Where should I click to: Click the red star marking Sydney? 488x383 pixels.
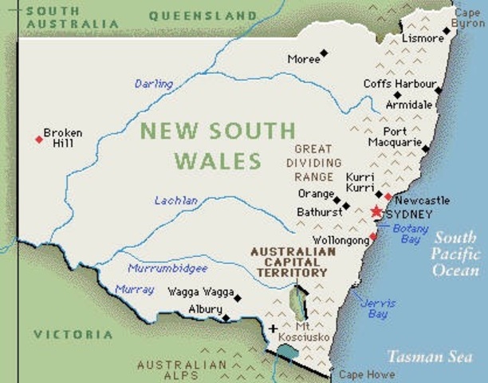(376, 211)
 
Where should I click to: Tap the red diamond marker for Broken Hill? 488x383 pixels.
(38, 140)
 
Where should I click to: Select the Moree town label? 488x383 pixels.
(303, 59)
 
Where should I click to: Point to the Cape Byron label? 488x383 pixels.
(468, 18)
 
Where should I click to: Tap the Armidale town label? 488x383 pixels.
(409, 105)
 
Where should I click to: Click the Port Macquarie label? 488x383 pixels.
(395, 136)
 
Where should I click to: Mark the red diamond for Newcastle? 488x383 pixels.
(388, 196)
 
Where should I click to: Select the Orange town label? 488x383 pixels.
(315, 194)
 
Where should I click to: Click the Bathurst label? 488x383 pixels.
(319, 212)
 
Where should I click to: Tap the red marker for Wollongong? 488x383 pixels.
(373, 236)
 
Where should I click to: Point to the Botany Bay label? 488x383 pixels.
(411, 233)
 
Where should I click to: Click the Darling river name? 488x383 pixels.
(153, 84)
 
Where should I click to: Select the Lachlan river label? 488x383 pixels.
(176, 200)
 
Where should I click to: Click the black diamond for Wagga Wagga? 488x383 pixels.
(237, 298)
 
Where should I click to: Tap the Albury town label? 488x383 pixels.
(205, 310)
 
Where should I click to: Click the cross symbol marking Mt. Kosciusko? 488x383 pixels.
(274, 328)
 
